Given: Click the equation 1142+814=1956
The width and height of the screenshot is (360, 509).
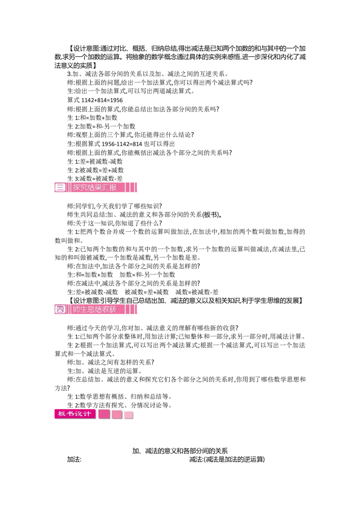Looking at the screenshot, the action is click(102, 100).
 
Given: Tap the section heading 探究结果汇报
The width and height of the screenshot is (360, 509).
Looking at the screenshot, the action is click(94, 188).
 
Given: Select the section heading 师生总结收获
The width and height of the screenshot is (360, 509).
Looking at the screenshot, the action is click(94, 309).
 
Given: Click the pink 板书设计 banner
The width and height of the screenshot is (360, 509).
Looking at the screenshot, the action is click(75, 414).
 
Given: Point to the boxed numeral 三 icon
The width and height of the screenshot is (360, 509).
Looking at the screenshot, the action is click(60, 188).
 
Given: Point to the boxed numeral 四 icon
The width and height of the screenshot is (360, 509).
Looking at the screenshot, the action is click(60, 309).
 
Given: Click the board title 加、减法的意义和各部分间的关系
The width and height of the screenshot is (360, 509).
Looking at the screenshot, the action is click(180, 451).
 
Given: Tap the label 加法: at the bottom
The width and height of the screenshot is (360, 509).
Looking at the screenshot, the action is click(74, 460).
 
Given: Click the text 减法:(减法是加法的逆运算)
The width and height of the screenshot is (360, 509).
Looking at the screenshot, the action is click(227, 460).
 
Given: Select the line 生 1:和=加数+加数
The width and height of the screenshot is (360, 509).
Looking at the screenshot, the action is click(92, 118).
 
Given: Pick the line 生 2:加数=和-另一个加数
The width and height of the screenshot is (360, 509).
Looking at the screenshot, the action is click(101, 127).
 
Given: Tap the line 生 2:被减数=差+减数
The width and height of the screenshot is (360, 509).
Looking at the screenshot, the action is click(95, 170).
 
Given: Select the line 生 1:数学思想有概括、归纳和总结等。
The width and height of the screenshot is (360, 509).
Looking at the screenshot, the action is click(120, 397).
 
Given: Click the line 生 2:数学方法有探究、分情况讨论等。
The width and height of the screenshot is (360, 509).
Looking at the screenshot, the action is click(120, 406).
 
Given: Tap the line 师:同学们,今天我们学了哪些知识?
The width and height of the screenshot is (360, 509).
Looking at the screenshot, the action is click(115, 206).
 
